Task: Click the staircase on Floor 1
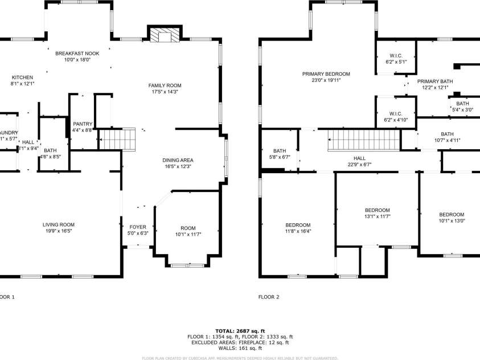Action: (117, 138)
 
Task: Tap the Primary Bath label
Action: (437, 81)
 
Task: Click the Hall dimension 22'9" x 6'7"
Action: (359, 165)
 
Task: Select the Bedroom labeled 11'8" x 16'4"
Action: (298, 231)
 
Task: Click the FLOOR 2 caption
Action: (269, 297)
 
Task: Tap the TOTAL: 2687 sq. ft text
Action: (240, 330)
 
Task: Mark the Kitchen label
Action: (22, 77)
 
